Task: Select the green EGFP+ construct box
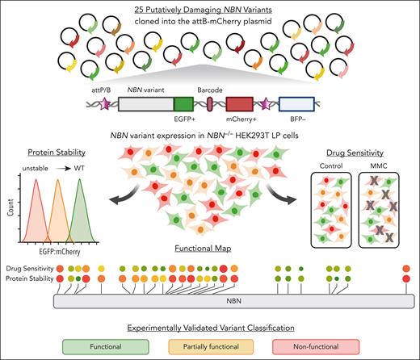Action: tap(183, 105)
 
